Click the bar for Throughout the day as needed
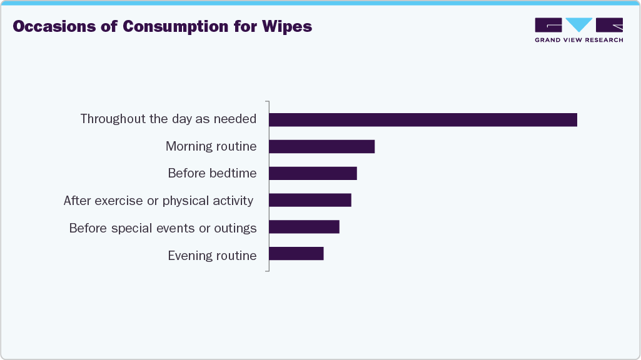pos(423,119)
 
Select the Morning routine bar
pos(321,146)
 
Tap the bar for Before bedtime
pos(313,173)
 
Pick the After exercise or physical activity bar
pos(310,200)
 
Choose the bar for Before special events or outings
pos(304,227)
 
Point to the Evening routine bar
pos(296,254)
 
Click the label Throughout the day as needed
pos(168,119)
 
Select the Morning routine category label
pos(211,146)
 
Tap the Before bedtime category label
pos(212,173)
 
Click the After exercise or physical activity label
pos(158,201)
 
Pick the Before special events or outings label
pos(163,228)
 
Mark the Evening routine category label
pos(212,255)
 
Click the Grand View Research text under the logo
pos(578,40)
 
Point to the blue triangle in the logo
pos(578,24)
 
